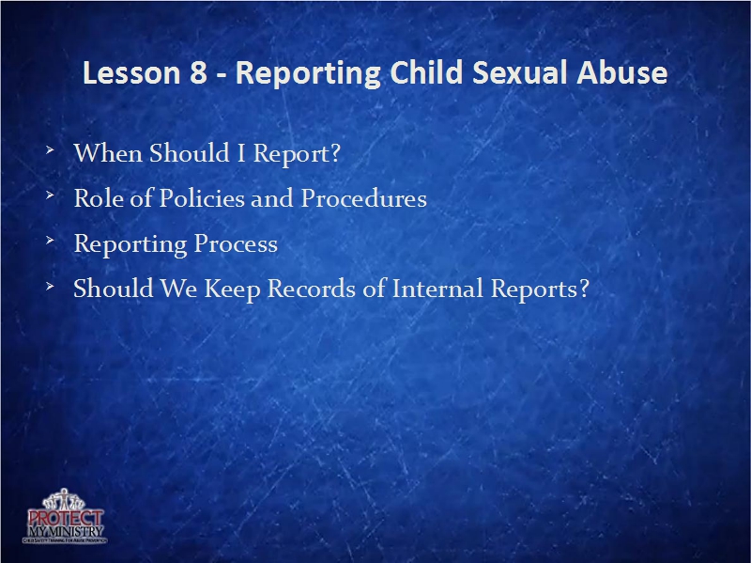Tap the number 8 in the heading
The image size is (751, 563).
pos(199,74)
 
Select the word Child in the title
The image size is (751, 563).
pos(418,74)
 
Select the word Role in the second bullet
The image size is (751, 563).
pos(97,198)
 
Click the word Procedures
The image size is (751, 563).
pos(363,198)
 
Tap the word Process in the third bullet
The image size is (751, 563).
pos(236,244)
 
